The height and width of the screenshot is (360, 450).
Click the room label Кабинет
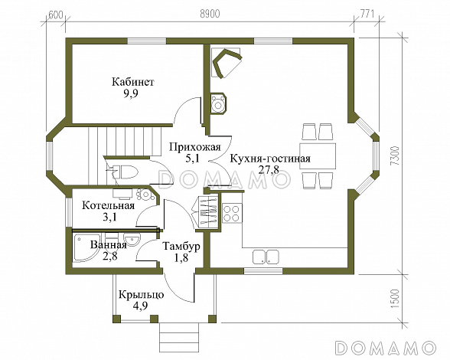tap(133, 82)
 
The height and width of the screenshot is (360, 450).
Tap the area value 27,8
tap(269, 169)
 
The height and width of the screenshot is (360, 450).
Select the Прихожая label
tap(195, 147)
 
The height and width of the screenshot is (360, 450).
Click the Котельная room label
tap(108, 205)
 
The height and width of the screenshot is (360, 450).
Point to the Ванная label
tap(109, 245)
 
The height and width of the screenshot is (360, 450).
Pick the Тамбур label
tap(181, 246)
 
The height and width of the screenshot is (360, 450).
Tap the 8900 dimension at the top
tap(210, 14)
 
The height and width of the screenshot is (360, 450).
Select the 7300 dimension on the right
tap(395, 155)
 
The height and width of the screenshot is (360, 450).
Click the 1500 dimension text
tap(395, 299)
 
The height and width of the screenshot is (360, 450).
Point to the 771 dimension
tap(367, 14)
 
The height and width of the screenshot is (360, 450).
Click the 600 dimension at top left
tap(56, 15)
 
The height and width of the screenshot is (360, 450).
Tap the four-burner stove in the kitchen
tap(232, 213)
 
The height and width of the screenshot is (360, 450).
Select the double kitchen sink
tap(266, 257)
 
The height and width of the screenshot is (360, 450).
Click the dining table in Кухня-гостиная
tap(318, 156)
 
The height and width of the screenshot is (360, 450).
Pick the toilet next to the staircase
tap(126, 172)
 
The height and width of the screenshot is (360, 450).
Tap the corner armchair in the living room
tap(227, 63)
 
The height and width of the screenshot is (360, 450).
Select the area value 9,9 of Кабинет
tap(131, 93)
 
